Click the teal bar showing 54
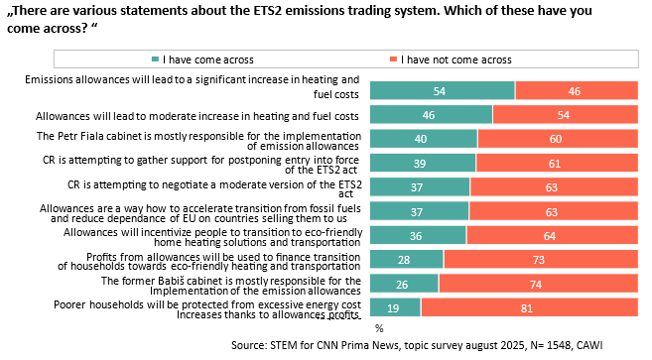point(443,90)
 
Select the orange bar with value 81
point(529,307)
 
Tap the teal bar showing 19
point(395,307)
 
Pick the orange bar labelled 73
point(541,260)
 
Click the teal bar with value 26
point(404,284)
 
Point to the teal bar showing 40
point(424,139)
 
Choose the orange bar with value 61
point(557,163)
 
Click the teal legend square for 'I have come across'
point(156,60)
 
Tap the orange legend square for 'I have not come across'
point(393,60)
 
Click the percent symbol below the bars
point(379,329)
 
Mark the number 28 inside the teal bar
point(404,260)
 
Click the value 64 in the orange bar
point(550,236)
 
